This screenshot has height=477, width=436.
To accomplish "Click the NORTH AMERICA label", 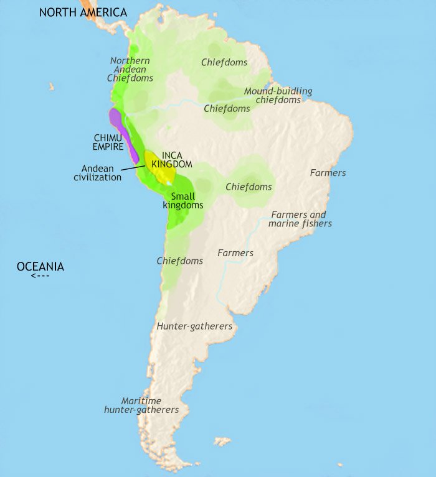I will (x=83, y=12).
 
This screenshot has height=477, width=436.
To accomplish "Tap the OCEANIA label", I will (x=40, y=266).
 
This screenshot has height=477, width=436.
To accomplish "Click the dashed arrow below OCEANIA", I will (x=40, y=276).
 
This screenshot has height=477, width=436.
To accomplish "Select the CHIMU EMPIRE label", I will (x=108, y=142).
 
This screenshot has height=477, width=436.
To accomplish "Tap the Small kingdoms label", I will (x=182, y=200).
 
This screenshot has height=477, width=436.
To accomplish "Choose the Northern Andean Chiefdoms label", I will (x=130, y=69).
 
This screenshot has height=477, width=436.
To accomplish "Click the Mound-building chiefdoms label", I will (x=278, y=95).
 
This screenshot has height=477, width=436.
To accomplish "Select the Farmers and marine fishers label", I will (x=300, y=219).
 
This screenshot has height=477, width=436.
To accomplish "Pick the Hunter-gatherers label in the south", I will (x=194, y=326).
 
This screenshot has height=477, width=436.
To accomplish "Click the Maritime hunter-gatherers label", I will (x=141, y=405).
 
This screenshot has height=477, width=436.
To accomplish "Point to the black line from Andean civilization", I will (x=133, y=167).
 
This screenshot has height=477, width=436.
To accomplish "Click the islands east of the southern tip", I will (x=221, y=442).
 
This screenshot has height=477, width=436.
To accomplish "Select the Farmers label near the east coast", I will (x=328, y=172).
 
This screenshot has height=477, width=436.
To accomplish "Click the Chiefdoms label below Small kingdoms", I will (x=179, y=261).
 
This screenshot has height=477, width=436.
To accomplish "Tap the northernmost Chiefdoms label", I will (x=224, y=62).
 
